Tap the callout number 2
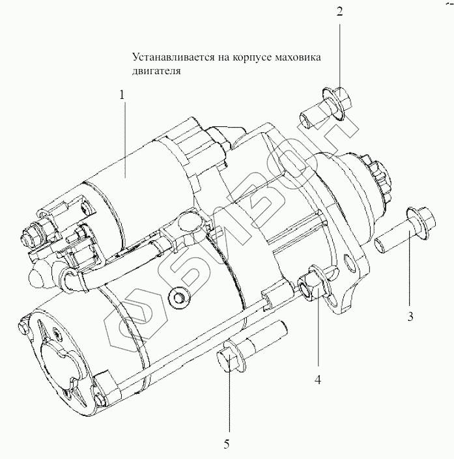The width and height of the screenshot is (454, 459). pyautogui.click(x=339, y=11)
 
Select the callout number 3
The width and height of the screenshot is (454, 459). pyautogui.click(x=410, y=318)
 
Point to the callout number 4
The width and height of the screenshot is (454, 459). pyautogui.click(x=317, y=380)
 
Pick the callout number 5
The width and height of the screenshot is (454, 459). pyautogui.click(x=227, y=445)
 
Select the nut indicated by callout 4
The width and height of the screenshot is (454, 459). pyautogui.click(x=310, y=284)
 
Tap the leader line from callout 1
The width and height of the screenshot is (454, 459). pyautogui.click(x=124, y=137)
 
